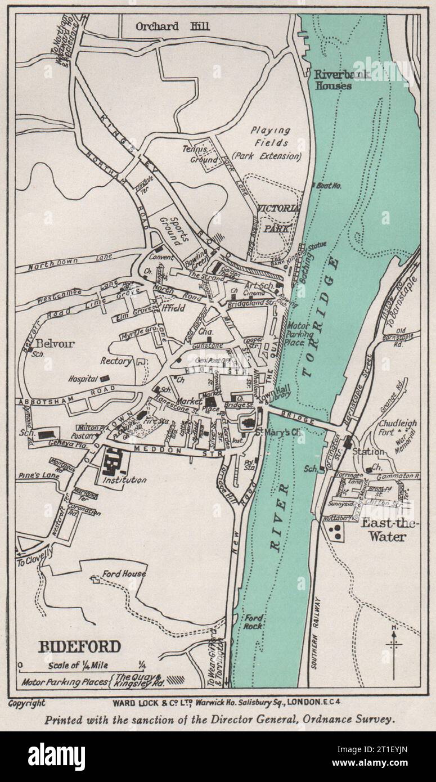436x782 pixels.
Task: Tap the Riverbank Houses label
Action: click(x=332, y=80)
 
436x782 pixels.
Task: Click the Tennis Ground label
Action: click(x=200, y=154)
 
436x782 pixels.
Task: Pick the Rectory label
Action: click(x=116, y=361)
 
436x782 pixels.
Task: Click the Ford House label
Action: click(x=124, y=574)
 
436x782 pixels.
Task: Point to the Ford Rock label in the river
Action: click(x=253, y=622)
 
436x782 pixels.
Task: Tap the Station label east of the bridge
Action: click(x=368, y=451)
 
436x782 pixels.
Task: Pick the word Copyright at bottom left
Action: click(x=27, y=703)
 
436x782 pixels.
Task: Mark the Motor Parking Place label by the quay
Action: click(x=304, y=333)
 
